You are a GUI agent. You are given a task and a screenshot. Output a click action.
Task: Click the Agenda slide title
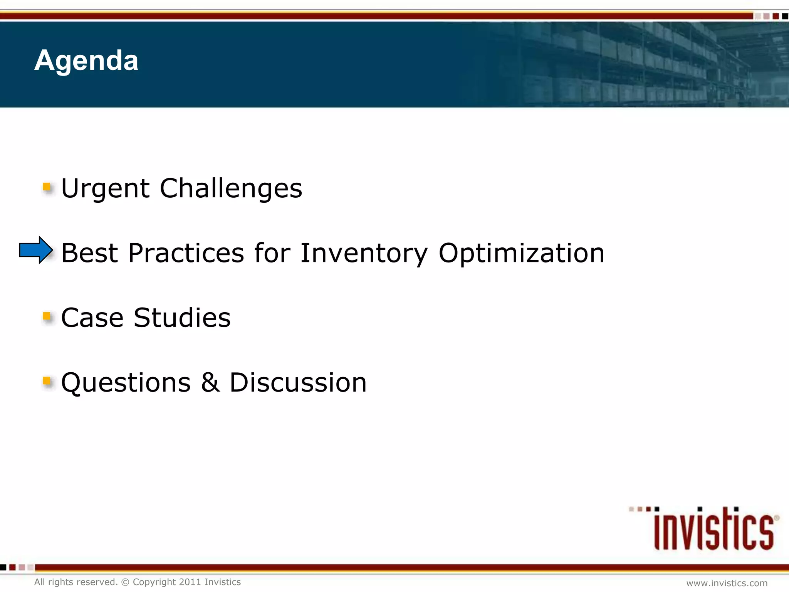[x=86, y=61]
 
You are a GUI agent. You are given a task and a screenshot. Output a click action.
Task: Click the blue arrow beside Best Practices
[x=35, y=250]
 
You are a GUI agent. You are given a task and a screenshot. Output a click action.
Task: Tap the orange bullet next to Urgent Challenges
[x=47, y=187]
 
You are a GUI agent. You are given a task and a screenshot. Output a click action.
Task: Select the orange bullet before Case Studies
[x=47, y=317]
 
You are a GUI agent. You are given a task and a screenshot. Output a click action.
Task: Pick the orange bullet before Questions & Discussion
[x=47, y=382]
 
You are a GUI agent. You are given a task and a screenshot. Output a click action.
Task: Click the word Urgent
[x=105, y=189]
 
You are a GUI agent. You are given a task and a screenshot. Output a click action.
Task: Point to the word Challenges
[x=231, y=189]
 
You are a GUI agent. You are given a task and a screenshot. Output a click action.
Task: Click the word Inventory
[x=364, y=254]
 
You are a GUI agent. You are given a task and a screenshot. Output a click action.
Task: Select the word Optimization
[x=521, y=254]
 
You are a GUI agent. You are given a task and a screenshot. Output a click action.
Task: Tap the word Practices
[x=186, y=254]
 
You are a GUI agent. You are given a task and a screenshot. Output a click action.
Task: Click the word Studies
[x=182, y=318]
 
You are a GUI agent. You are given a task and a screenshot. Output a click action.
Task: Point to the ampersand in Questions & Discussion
[x=210, y=383]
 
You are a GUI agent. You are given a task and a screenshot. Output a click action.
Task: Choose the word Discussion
[x=298, y=383]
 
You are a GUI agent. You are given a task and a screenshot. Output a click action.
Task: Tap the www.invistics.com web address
[x=727, y=583]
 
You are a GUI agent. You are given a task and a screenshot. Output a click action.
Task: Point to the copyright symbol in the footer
[x=125, y=582]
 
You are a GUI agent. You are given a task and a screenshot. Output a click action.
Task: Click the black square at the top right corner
[x=785, y=16]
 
